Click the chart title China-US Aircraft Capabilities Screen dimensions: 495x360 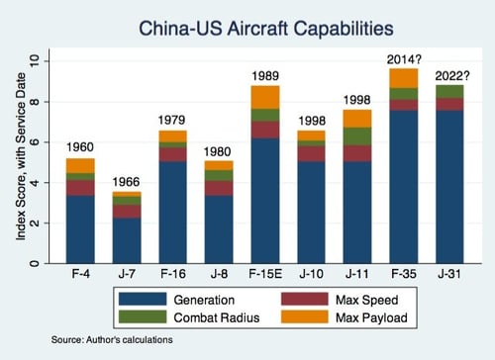(266, 29)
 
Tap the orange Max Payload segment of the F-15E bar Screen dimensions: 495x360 (265, 97)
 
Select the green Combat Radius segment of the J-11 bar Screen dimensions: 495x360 (357, 136)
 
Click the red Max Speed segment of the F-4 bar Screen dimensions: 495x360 (80, 188)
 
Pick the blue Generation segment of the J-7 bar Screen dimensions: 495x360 (127, 240)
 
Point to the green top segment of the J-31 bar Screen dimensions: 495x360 (449, 92)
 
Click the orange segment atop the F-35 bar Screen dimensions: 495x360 (404, 78)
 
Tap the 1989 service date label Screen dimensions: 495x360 (265, 76)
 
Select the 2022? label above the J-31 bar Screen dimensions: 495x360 (451, 76)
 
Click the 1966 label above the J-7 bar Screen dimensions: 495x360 (126, 182)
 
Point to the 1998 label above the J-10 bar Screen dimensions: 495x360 (312, 121)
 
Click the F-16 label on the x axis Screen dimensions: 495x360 (173, 274)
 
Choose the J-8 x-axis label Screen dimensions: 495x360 (219, 274)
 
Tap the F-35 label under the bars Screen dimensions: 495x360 (404, 274)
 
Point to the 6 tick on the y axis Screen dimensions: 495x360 (35, 142)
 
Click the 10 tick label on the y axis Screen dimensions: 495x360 (35, 61)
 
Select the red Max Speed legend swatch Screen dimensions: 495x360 (305, 300)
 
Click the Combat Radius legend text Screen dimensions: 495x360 (217, 317)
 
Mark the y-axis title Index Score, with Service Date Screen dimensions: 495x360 (21, 156)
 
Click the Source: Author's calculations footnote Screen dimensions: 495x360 (112, 340)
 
